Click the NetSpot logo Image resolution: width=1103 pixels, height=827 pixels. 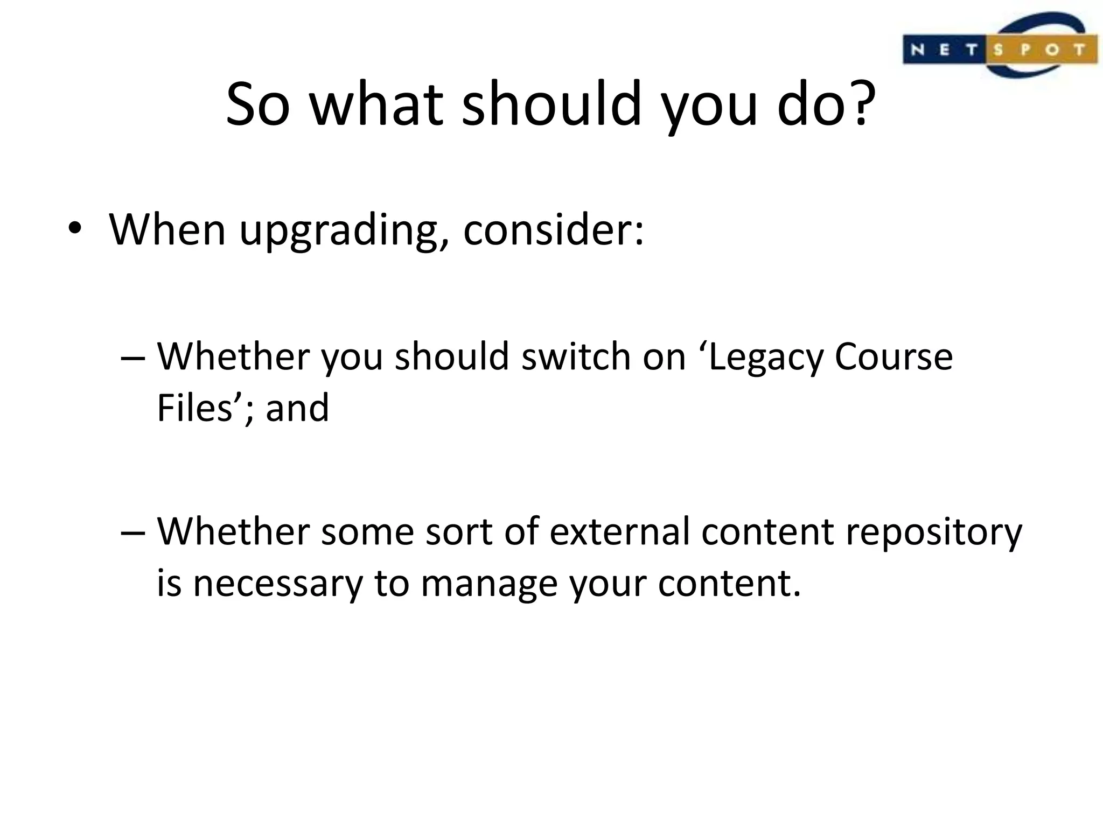[x=1000, y=47]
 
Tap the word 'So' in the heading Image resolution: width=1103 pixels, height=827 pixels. [x=257, y=103]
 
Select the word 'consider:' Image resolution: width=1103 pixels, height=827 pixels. [x=553, y=230]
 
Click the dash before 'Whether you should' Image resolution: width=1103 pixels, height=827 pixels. [x=133, y=358]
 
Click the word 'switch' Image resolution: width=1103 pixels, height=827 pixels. [x=576, y=358]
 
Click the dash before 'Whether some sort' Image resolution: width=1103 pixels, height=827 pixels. [x=133, y=532]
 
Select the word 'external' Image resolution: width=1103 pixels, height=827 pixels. [x=619, y=532]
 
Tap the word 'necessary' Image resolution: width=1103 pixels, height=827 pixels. [x=278, y=584]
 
